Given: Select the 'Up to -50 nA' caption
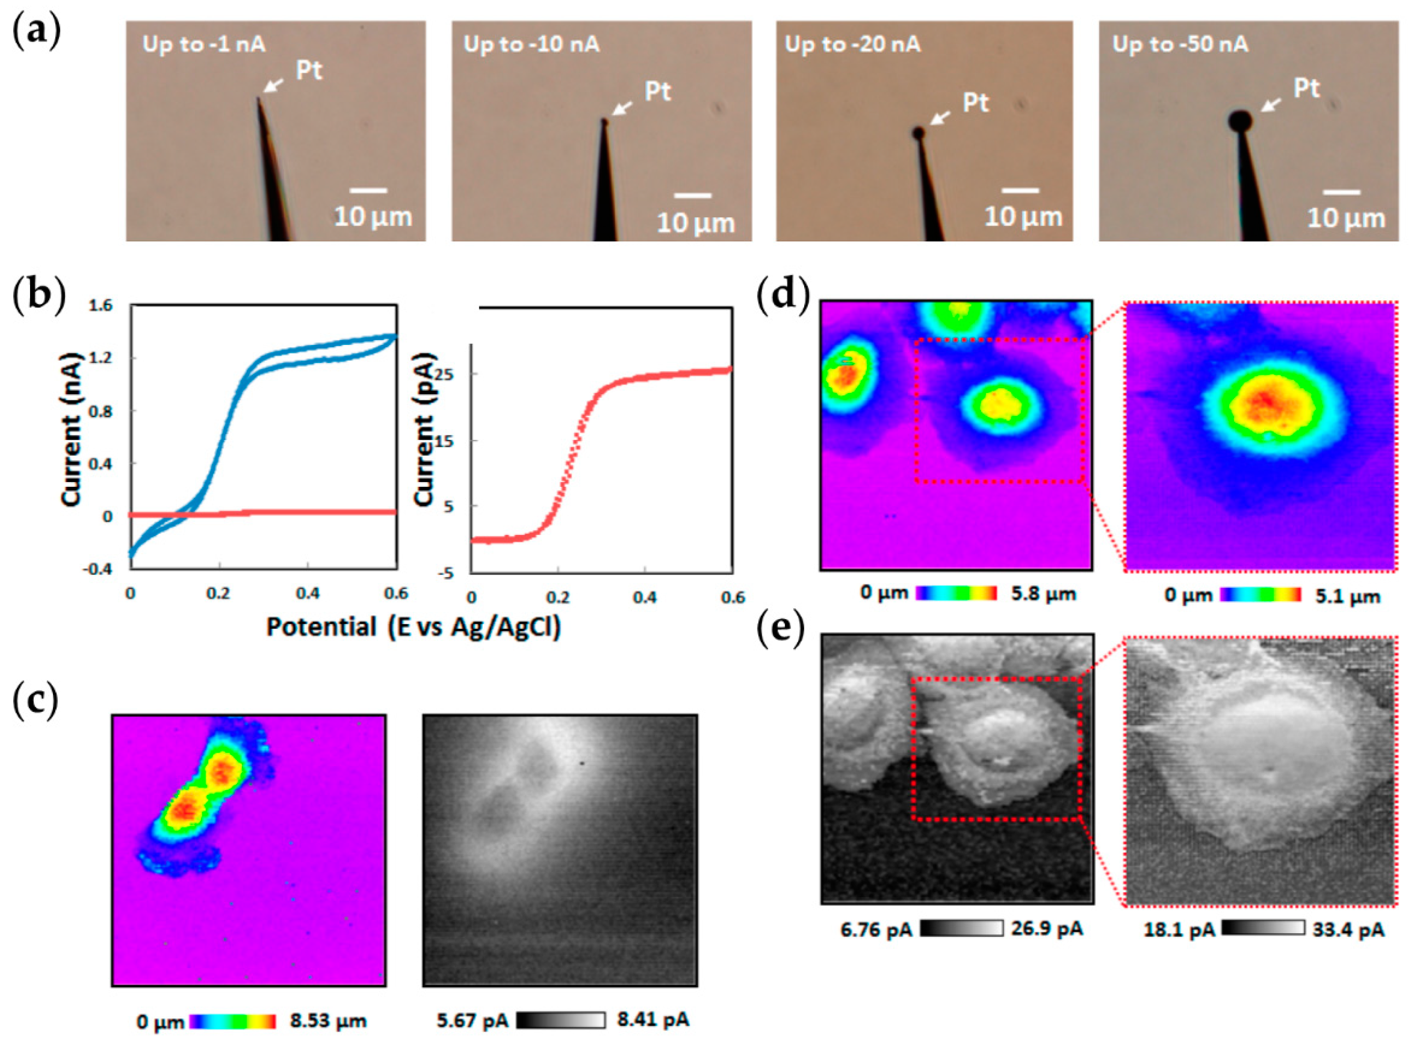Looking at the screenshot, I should pyautogui.click(x=1180, y=45).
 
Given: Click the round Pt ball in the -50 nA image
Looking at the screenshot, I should pyautogui.click(x=1240, y=119).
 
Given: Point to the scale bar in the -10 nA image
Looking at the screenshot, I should pyautogui.click(x=692, y=196).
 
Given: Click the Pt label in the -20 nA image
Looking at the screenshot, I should pyautogui.click(x=975, y=103).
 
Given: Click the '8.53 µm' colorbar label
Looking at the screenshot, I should pyautogui.click(x=328, y=1021).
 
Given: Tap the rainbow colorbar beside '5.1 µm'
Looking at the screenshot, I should pyautogui.click(x=1260, y=595).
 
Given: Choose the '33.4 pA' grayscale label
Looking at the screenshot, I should pyautogui.click(x=1347, y=930).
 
